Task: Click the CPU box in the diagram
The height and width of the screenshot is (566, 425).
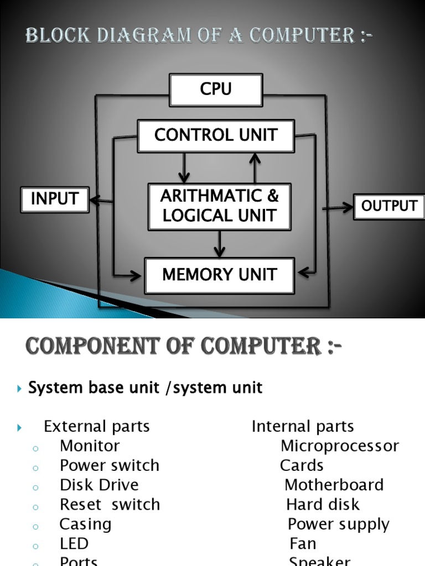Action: tap(216, 90)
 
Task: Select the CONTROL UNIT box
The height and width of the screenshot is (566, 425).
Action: tap(216, 135)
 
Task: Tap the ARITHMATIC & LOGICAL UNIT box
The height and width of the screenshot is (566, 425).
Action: tap(219, 206)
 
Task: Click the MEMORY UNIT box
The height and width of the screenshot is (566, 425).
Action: tap(219, 275)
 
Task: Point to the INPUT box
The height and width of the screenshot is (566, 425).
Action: tap(54, 199)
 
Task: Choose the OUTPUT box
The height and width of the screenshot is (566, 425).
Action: tap(389, 206)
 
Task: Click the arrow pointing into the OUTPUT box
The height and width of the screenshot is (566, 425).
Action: tap(339, 208)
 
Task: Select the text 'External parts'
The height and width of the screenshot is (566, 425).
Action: tap(97, 426)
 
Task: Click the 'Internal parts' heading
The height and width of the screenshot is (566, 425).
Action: tap(302, 426)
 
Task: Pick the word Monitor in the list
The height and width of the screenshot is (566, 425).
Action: tap(90, 446)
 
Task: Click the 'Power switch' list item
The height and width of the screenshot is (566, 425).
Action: tap(110, 465)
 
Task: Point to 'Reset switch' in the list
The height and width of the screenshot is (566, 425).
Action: tap(110, 504)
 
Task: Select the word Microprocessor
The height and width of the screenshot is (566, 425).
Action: tap(339, 446)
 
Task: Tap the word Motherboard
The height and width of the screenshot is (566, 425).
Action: tap(334, 485)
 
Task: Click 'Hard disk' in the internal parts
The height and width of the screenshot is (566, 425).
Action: tap(323, 504)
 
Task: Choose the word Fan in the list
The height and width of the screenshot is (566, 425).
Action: tap(303, 543)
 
